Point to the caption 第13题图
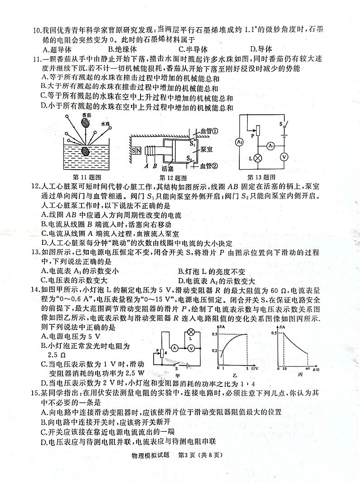coord(262,177)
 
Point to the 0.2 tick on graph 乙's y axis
coord(215,351)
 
